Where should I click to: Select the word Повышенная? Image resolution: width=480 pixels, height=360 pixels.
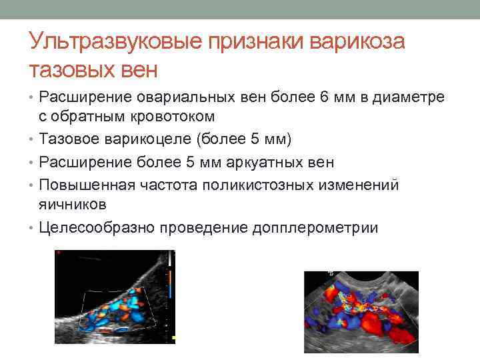click(84, 185)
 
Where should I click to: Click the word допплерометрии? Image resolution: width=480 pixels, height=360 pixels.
click(315, 227)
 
